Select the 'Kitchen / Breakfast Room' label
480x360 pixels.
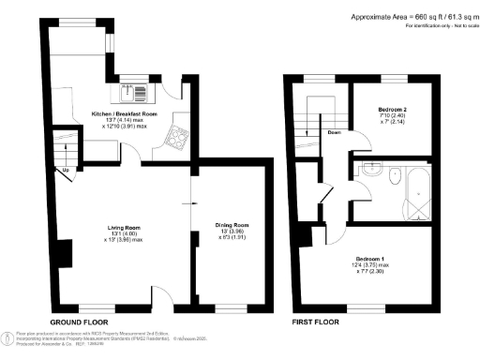point(124,113)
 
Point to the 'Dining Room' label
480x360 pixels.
point(232,225)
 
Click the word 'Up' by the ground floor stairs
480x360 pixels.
point(67,170)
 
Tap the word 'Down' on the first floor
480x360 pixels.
point(334,132)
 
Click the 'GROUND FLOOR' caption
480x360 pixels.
point(77,322)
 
